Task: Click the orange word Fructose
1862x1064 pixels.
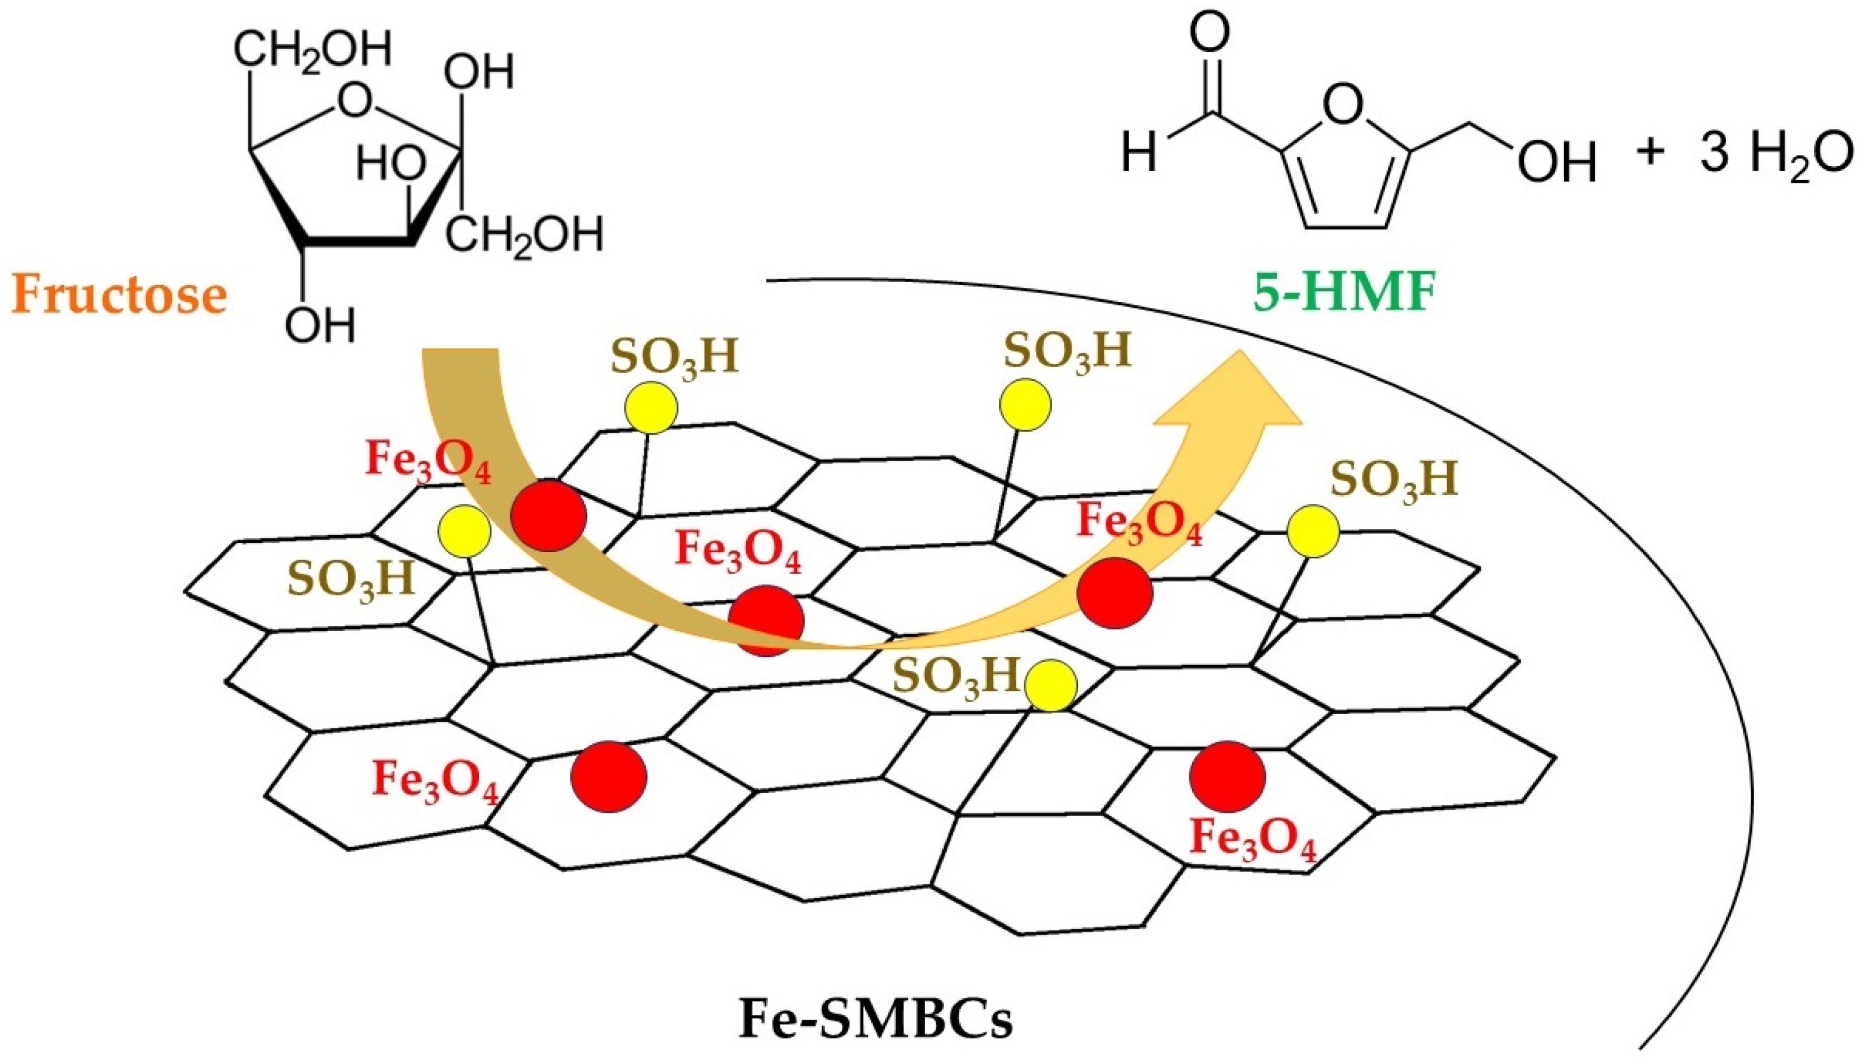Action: tap(119, 294)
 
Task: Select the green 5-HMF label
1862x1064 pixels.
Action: tap(1345, 293)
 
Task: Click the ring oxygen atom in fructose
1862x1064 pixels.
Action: tap(354, 100)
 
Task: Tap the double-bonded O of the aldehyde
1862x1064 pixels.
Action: tap(1209, 32)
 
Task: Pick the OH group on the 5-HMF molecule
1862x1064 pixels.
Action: tap(1556, 161)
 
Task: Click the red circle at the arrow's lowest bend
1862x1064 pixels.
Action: tap(765, 620)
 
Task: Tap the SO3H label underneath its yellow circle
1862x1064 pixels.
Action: tap(350, 580)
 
